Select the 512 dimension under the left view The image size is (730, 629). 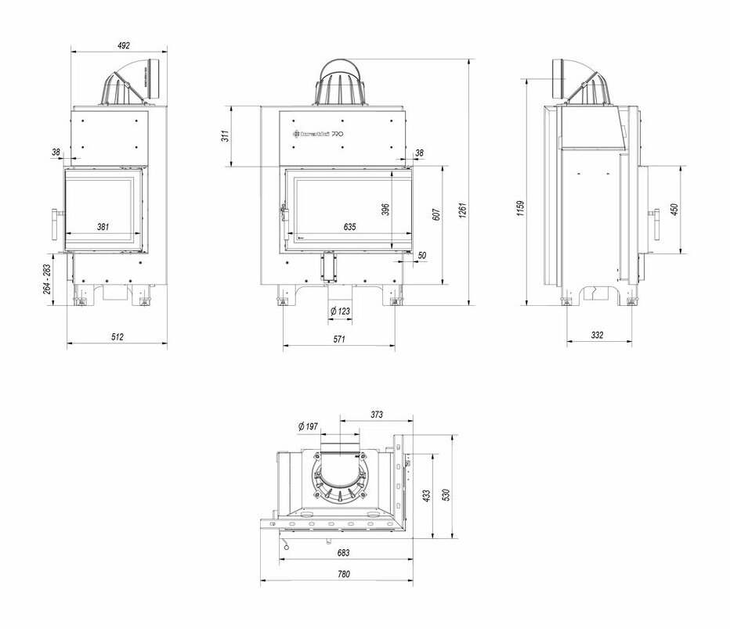[x=117, y=337]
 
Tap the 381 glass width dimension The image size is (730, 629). [x=103, y=227]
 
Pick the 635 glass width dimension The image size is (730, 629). [x=349, y=227]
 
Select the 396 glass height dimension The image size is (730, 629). [x=385, y=211]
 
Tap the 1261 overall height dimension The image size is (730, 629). [x=462, y=210]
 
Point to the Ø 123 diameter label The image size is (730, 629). [x=340, y=311]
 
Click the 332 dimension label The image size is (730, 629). [x=598, y=336]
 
